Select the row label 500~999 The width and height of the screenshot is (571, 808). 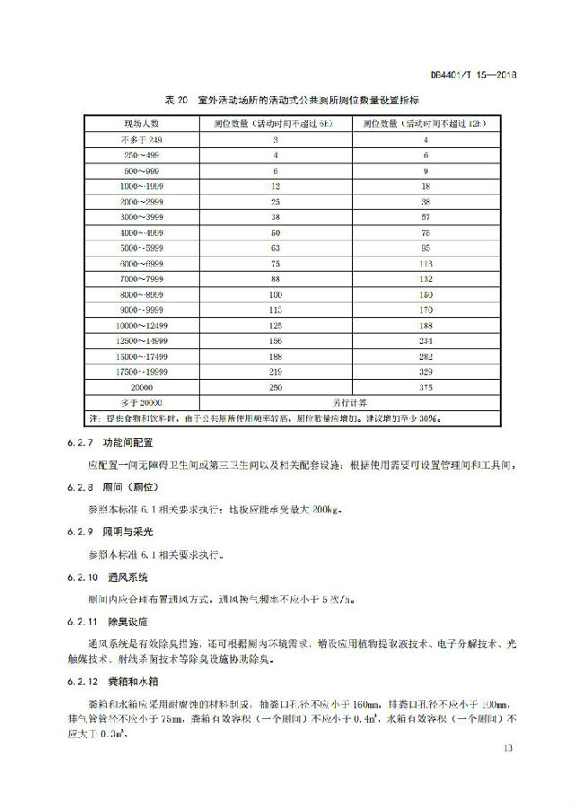click(141, 170)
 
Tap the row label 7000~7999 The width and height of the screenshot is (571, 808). click(141, 279)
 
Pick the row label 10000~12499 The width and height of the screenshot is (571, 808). click(141, 325)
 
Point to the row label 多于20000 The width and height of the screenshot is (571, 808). click(141, 402)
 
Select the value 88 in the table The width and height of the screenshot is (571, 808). click(277, 279)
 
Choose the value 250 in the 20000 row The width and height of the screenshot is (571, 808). click(277, 387)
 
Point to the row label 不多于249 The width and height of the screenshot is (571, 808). click(141, 140)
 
